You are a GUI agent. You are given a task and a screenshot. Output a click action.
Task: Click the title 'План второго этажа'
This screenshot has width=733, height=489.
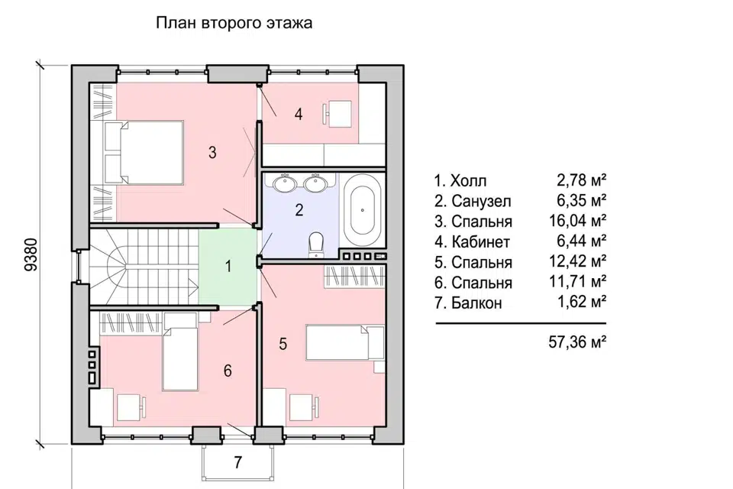234,24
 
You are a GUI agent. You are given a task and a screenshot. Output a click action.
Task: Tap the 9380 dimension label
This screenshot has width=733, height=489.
31,254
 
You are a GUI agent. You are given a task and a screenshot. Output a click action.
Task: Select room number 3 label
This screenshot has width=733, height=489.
212,152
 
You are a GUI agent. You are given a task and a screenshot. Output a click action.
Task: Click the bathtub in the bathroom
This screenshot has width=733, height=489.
362,211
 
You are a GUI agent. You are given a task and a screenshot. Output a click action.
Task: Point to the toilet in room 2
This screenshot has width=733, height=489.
316,244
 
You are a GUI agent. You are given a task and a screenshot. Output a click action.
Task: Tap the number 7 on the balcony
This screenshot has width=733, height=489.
238,462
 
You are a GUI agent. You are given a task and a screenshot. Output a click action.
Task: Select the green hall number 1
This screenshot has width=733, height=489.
228,266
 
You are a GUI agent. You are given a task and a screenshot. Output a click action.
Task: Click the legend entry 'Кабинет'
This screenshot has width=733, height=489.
480,242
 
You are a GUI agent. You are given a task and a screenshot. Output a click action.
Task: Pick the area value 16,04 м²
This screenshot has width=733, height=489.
578,220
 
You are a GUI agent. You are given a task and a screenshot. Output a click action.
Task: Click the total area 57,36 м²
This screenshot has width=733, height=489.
578,342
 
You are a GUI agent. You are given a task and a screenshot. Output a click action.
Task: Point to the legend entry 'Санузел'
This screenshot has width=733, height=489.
481,201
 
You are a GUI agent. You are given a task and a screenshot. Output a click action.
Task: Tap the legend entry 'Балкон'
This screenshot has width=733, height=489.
476,303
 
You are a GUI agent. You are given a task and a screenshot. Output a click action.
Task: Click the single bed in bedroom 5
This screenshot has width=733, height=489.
345,343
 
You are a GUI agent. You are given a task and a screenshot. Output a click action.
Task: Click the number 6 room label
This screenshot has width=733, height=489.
228,371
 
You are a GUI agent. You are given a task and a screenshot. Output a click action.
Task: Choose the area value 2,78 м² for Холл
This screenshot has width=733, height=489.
582,180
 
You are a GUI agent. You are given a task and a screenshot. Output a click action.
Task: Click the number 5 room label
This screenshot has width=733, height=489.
283,344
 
